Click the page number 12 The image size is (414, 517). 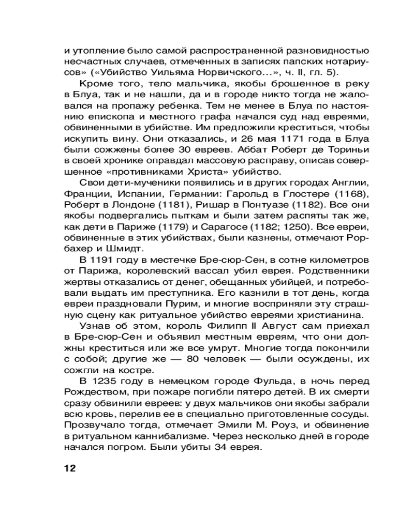coord(69,468)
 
